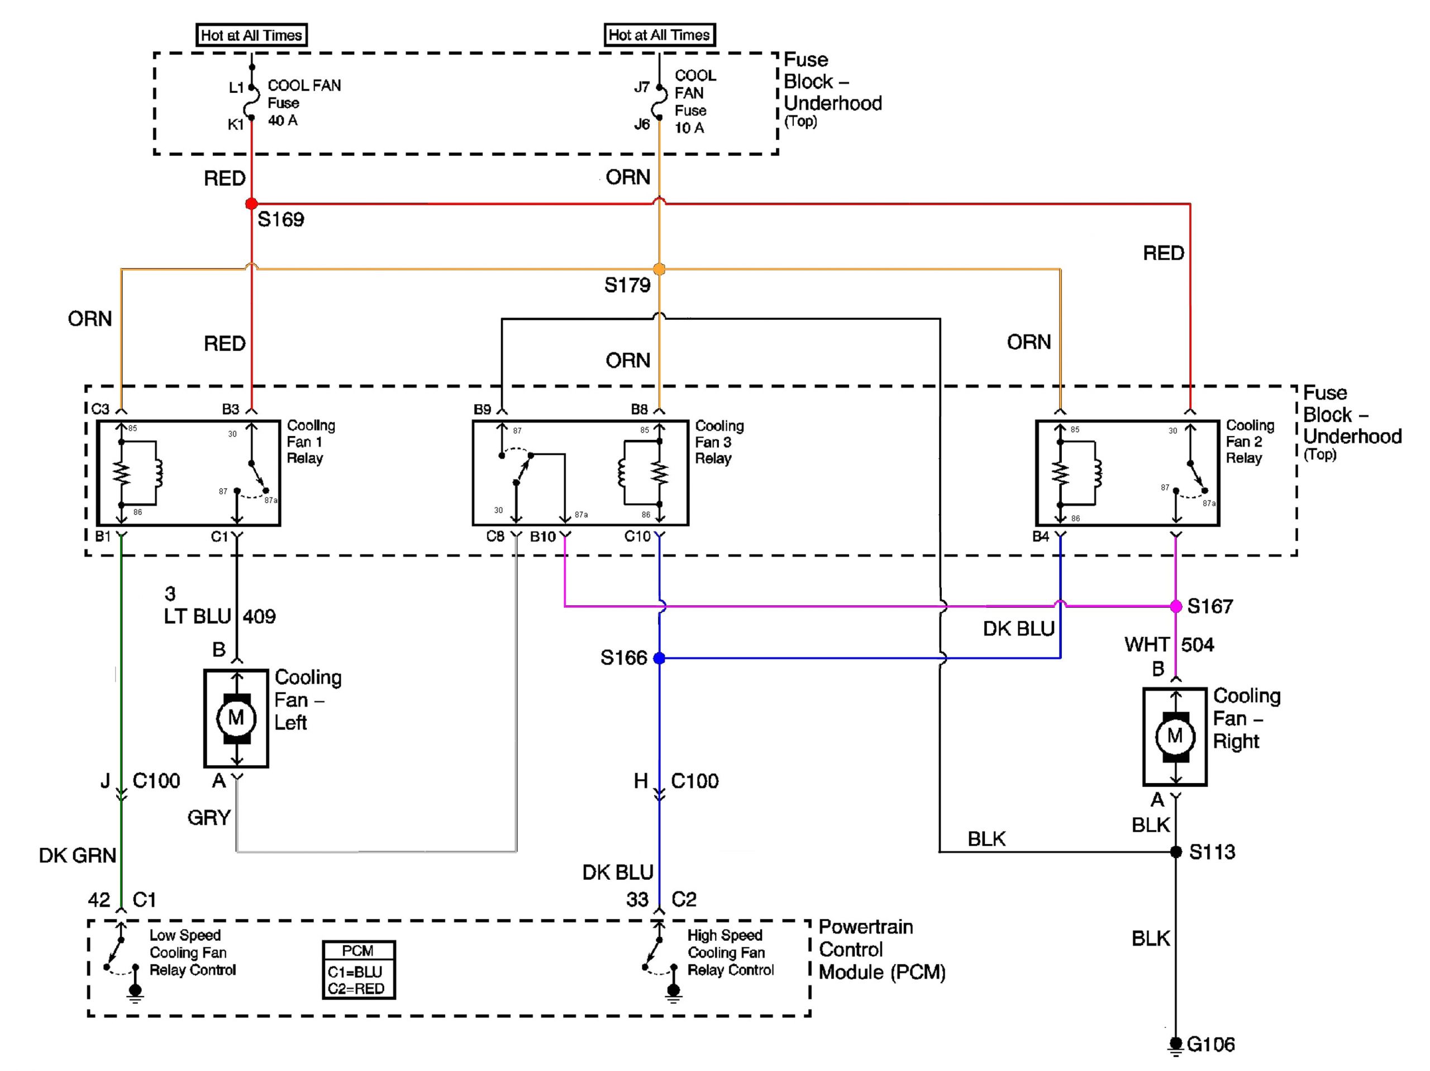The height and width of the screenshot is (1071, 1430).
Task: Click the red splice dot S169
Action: [251, 203]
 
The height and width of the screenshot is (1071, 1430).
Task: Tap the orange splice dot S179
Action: [659, 268]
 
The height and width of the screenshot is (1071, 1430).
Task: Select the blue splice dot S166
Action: [659, 658]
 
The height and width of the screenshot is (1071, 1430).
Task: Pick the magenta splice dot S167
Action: [1176, 606]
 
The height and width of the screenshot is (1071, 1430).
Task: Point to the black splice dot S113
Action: [1176, 852]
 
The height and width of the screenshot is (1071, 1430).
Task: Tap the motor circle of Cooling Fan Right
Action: [1175, 736]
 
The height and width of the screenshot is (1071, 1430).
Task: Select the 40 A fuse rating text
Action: [283, 120]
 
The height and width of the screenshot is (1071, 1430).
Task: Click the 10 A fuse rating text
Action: [689, 128]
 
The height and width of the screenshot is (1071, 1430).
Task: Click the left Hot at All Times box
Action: [251, 35]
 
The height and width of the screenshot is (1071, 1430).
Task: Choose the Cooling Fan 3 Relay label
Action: [719, 442]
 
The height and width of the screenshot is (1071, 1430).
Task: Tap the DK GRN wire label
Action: [78, 855]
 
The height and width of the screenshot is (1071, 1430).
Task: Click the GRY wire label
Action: [209, 817]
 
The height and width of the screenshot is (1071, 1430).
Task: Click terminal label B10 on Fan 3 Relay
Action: [542, 536]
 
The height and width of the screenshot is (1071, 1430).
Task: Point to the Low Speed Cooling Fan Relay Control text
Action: [192, 952]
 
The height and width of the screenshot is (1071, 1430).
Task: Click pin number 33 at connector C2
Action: [637, 899]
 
